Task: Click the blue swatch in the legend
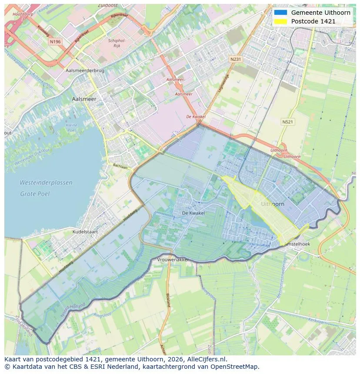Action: point(281,13)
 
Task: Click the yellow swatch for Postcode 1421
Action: point(281,21)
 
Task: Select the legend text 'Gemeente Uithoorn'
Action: point(320,13)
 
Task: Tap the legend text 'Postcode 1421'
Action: point(313,21)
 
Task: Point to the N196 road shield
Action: point(55,41)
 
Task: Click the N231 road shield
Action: point(235,59)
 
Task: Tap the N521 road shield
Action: point(287,122)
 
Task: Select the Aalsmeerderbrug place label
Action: point(84,70)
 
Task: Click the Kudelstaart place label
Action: point(85,232)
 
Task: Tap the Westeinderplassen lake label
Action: point(46,183)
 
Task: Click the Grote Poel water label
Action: point(35,194)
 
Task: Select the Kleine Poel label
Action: point(71,128)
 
